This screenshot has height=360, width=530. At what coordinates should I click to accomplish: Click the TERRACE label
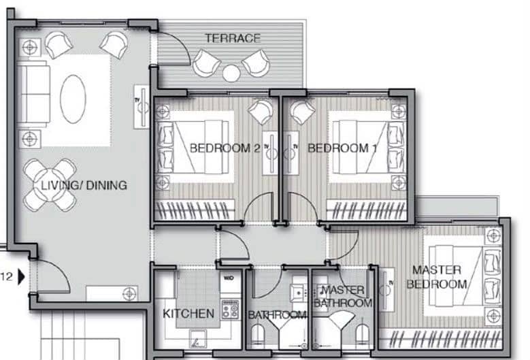coord(233,38)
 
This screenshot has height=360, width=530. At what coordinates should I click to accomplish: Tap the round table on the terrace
coord(231,73)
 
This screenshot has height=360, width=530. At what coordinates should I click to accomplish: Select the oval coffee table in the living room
coord(73,99)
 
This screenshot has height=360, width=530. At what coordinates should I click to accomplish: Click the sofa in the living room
coord(33,94)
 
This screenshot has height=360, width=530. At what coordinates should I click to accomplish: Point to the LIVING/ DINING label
coord(84,185)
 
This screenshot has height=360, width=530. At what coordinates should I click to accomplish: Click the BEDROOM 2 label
coord(225,148)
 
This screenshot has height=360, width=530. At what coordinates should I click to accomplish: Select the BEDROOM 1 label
coord(342,148)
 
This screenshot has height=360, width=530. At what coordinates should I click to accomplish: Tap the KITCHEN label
coord(188,314)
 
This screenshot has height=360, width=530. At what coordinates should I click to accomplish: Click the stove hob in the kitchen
coord(230,310)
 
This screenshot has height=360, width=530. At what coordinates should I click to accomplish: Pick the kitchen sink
coord(198,339)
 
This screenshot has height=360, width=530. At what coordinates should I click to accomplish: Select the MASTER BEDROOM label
coord(437,277)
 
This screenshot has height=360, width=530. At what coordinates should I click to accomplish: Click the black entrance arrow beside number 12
coord(22,277)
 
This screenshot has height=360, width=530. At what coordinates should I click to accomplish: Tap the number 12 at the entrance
coord(7,277)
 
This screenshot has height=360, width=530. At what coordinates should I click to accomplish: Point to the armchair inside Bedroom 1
coord(303,111)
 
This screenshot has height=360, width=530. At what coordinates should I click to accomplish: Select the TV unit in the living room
coord(142,106)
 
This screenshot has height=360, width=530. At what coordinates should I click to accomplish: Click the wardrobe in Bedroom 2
coord(195,210)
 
